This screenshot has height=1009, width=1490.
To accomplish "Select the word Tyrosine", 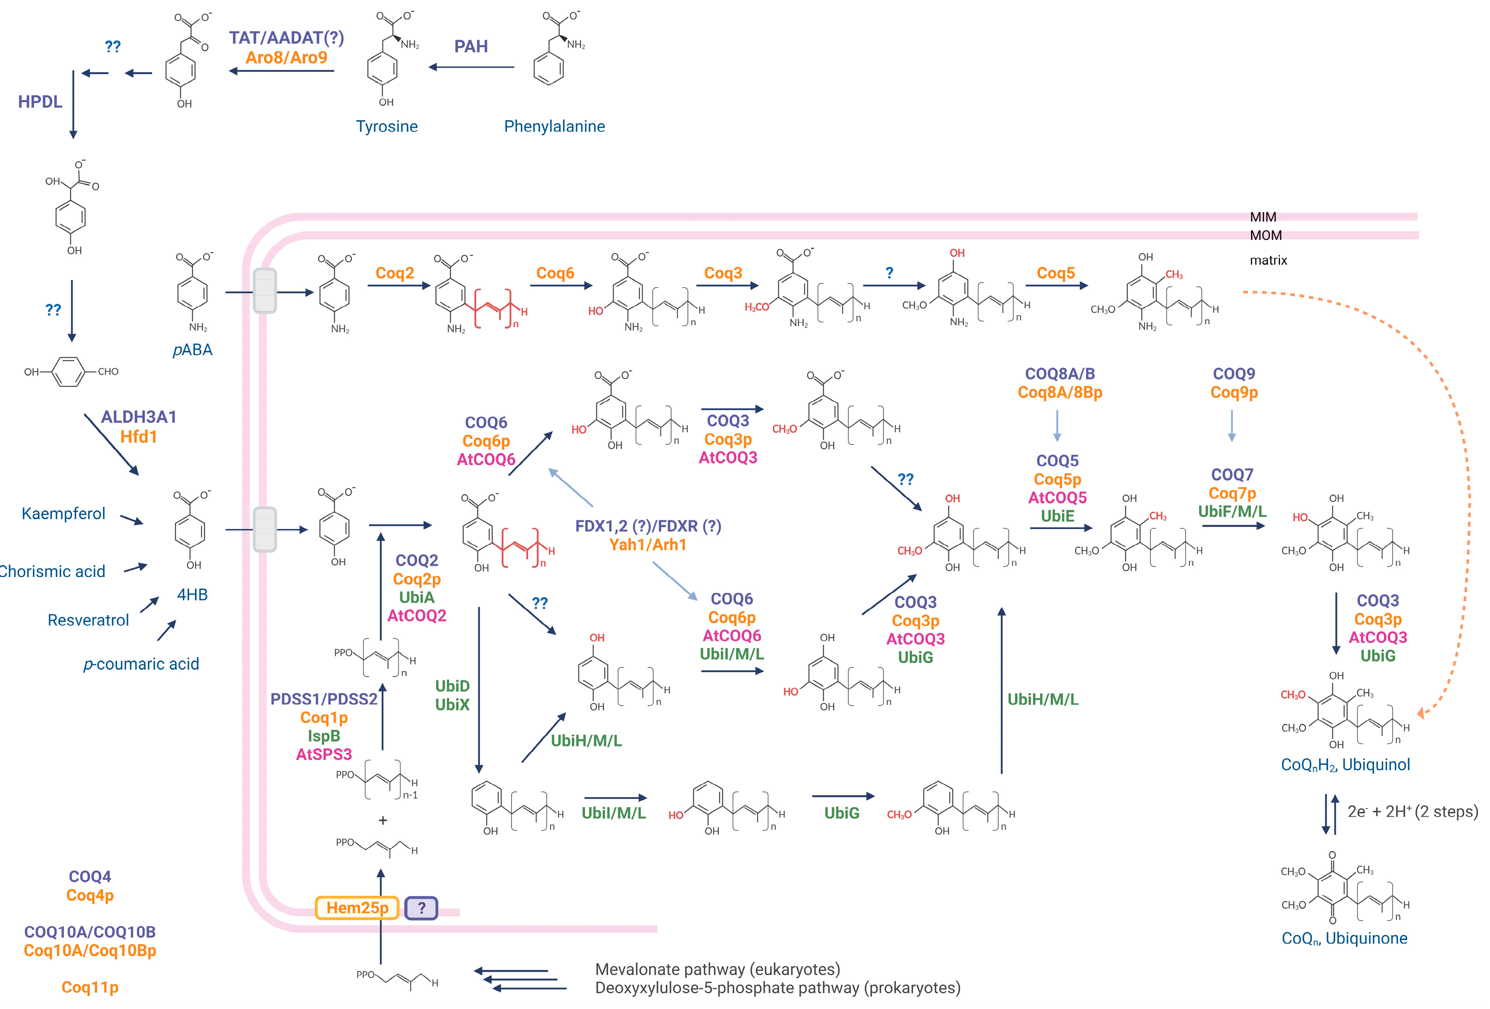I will pyautogui.click(x=387, y=126).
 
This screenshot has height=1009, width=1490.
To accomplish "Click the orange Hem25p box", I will pyautogui.click(x=357, y=908).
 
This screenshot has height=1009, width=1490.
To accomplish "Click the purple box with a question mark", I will pyautogui.click(x=421, y=908).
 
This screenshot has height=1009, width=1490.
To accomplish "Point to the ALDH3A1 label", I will pyautogui.click(x=138, y=417).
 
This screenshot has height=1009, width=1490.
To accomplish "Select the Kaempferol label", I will pyautogui.click(x=64, y=514).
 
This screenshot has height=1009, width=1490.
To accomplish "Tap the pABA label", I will pyautogui.click(x=192, y=349).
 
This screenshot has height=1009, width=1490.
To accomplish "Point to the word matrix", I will pyautogui.click(x=1268, y=260).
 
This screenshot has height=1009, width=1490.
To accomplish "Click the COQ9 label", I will pyautogui.click(x=1234, y=374).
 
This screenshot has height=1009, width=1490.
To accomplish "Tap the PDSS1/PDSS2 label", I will pyautogui.click(x=324, y=699).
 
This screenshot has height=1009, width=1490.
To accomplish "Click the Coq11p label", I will pyautogui.click(x=90, y=987).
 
